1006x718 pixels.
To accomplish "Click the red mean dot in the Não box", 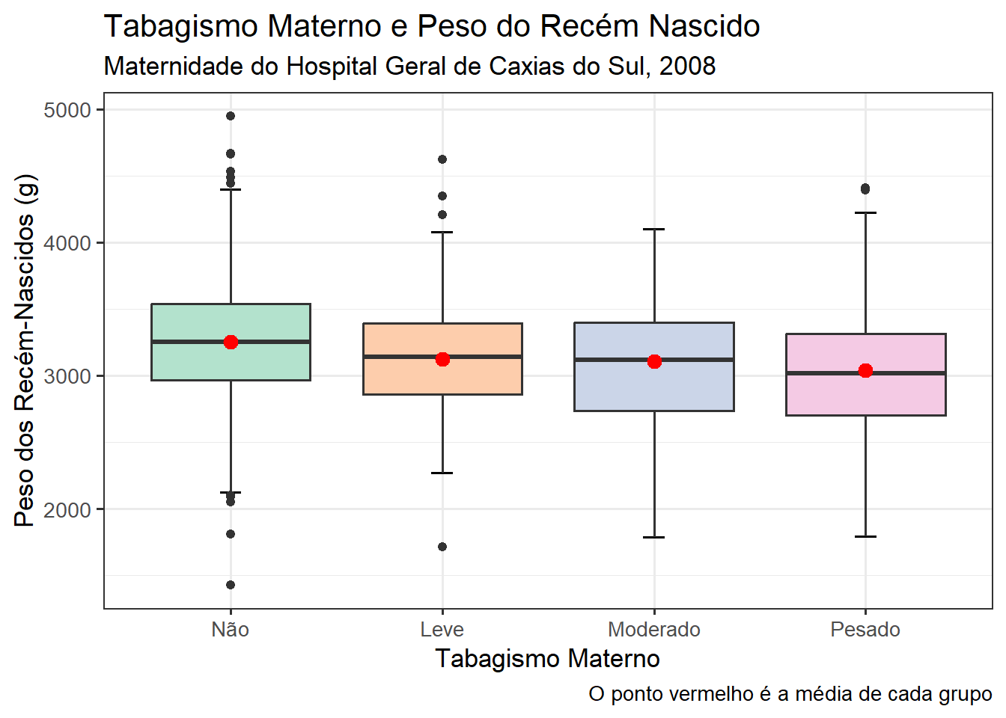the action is (231, 342).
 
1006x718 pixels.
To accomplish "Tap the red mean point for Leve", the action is (443, 359).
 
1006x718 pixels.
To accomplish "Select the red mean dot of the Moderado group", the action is (654, 361).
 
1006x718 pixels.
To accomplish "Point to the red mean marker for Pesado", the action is (865, 370).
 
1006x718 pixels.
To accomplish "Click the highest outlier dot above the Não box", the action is (231, 116).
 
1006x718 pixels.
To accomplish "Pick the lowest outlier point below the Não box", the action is (231, 584).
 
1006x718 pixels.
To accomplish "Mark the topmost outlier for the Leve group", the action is (442, 159).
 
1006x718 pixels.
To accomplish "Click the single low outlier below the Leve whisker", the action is (442, 547).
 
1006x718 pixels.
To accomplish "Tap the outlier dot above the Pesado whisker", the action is (865, 189).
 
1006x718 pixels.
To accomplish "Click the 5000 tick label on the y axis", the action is (67, 111).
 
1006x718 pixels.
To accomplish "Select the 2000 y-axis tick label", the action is (67, 510).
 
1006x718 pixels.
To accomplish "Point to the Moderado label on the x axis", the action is (654, 630).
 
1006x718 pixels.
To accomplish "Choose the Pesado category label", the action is (865, 630).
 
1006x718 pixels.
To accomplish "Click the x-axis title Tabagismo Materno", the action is (547, 659).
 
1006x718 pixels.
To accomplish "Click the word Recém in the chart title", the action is (591, 26).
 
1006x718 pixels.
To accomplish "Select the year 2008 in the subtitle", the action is (688, 67).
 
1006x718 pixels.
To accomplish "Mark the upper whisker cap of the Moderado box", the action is (654, 230).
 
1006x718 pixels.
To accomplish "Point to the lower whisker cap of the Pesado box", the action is (865, 536).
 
